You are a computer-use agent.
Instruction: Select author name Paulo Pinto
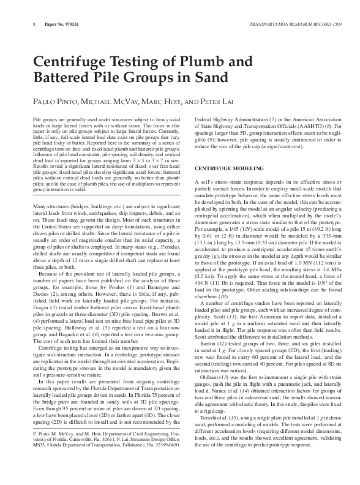(x=51, y=102)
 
